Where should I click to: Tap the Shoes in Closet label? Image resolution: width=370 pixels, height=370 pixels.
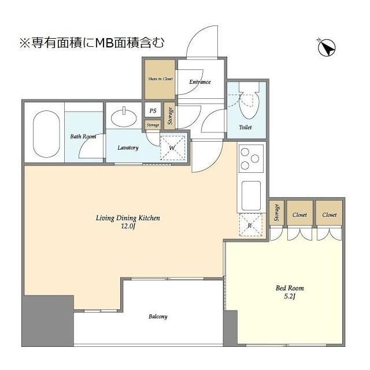[159, 79]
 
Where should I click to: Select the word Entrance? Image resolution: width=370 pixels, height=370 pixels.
[200, 82]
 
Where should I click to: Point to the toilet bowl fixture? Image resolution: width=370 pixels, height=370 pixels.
[247, 103]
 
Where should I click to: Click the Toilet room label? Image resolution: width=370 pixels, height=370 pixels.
[245, 127]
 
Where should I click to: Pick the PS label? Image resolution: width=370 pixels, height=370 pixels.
[153, 111]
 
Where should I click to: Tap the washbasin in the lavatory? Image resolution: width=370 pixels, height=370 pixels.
[123, 118]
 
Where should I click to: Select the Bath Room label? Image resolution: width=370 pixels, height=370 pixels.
[83, 137]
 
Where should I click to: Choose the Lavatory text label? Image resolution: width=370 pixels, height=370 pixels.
[128, 148]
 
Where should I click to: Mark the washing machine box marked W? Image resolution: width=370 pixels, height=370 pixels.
[172, 147]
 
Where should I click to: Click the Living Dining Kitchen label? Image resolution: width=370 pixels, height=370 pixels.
[127, 218]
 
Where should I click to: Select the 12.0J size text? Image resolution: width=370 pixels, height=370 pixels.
[127, 227]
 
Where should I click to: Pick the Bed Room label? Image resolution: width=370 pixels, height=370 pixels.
[290, 288]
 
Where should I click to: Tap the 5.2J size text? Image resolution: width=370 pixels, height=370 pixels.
[290, 297]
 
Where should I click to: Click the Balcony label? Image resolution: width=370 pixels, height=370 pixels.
[158, 316]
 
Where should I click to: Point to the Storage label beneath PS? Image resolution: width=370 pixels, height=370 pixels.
[153, 125]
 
